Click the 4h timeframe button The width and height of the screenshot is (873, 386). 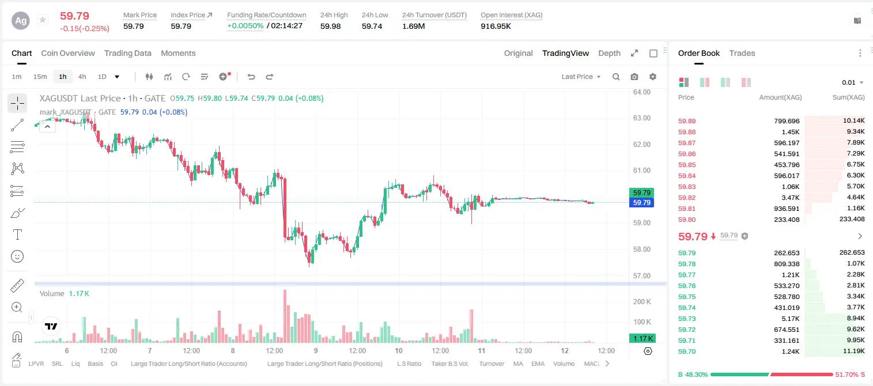pos(82,77)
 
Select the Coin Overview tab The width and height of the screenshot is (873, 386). pos(68,53)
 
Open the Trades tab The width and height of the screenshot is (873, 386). pos(742,53)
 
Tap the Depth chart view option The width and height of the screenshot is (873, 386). pos(609,53)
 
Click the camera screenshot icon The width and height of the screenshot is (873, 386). pos(634,77)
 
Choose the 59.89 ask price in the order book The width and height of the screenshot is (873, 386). pos(687,121)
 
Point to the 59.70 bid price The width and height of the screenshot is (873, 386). pos(687,351)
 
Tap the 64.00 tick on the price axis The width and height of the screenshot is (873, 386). pos(641,92)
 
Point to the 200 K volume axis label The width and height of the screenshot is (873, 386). pos(642,301)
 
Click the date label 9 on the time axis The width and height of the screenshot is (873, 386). pos(316,350)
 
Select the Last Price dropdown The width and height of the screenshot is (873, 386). pos(581,77)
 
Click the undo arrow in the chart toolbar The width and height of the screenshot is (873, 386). pos(251,77)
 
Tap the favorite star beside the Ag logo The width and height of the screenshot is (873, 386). pos(43,20)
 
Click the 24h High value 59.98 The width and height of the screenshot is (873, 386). pos(330,26)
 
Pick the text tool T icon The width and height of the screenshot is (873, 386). pos(17,234)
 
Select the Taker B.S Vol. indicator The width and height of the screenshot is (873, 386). pos(449,364)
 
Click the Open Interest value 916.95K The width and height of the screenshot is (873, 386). pos(496,26)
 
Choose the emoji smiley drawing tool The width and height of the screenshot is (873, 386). pos(17,256)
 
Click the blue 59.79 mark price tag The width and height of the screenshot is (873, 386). pos(641,203)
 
